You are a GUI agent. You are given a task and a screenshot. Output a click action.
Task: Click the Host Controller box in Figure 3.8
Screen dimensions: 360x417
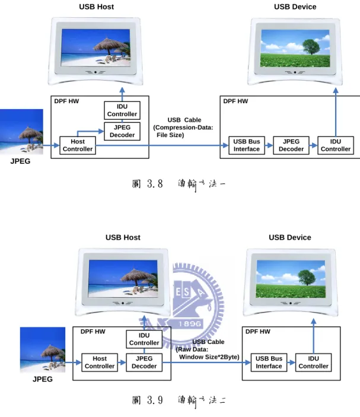(x=78, y=145)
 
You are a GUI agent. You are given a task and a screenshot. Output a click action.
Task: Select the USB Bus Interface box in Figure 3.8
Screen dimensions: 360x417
(x=247, y=145)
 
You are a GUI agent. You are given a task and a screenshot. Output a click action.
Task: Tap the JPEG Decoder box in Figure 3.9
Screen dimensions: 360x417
(x=144, y=362)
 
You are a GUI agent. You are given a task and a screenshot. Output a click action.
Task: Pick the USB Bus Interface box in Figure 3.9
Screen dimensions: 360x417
(x=269, y=362)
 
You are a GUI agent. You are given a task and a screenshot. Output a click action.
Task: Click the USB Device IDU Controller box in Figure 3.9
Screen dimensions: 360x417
(x=314, y=362)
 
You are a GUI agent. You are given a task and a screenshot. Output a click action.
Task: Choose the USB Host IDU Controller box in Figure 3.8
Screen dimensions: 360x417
(x=122, y=110)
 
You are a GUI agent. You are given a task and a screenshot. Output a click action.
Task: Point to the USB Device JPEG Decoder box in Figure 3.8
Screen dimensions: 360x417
(x=291, y=145)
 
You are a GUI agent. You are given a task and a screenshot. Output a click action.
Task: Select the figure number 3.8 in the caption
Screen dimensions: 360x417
(x=155, y=183)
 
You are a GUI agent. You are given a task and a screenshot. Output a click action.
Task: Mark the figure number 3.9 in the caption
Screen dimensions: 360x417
(x=155, y=400)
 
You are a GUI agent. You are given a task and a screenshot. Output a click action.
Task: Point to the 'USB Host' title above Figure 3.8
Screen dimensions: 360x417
(x=96, y=7)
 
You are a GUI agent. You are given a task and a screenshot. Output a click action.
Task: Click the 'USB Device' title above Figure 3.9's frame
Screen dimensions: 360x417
(x=290, y=237)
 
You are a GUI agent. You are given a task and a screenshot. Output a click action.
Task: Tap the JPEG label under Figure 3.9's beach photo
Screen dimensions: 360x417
(x=43, y=379)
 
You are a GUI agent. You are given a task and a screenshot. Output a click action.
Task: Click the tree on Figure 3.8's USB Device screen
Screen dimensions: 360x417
(x=311, y=47)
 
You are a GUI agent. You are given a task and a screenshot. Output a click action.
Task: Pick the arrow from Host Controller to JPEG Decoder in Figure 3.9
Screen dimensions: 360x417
(x=122, y=362)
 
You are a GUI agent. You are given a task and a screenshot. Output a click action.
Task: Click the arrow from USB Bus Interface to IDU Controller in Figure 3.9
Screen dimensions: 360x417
(x=291, y=362)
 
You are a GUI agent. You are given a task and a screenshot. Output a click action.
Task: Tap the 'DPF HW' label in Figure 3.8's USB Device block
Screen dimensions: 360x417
(x=235, y=101)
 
